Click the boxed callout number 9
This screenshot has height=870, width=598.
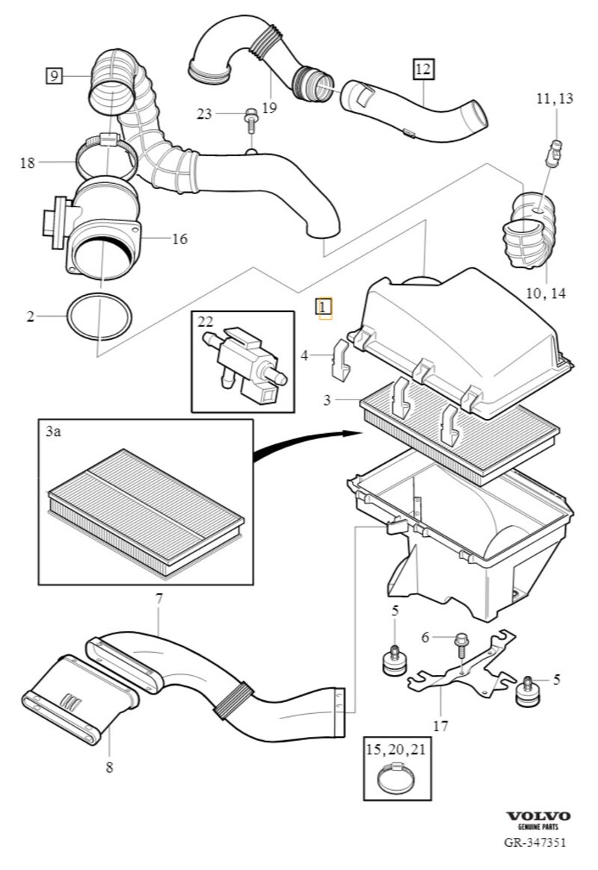[54, 75]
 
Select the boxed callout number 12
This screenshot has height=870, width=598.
[422, 69]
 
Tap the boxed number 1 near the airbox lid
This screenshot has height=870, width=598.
[324, 307]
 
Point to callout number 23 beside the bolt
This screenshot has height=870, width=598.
[204, 114]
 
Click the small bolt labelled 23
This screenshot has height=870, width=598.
[250, 120]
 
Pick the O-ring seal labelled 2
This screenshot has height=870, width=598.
[99, 317]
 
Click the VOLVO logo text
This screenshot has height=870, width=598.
[538, 815]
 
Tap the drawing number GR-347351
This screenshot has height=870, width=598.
[534, 842]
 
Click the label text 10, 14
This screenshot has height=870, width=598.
[546, 293]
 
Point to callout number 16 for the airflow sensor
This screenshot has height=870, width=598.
[179, 239]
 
